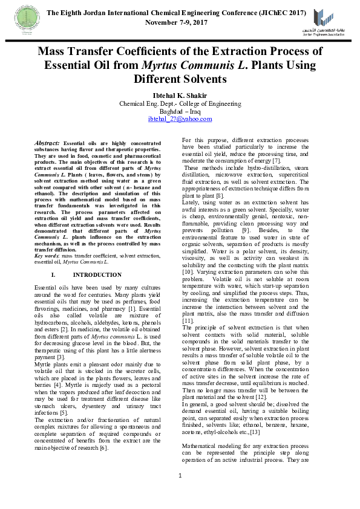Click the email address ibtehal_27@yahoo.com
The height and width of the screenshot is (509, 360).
coord(180,119)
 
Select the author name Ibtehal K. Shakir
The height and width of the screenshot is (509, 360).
coord(180,95)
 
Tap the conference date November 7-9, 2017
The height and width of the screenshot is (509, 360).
coord(176,22)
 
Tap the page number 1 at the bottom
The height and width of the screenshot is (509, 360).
coord(180,492)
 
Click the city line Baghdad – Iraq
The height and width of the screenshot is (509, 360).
coord(180,111)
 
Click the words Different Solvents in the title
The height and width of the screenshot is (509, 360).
coord(180,79)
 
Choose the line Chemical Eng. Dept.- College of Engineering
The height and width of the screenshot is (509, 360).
coord(180,103)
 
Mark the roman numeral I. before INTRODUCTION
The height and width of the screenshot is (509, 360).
coord(54,274)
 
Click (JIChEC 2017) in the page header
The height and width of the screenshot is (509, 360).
coord(280,13)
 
